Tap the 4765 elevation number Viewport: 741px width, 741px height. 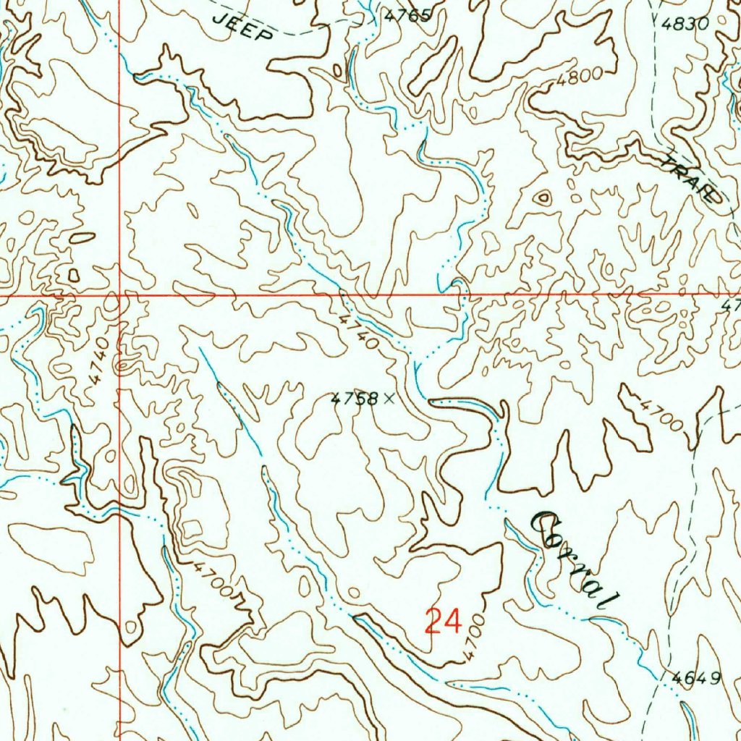[x=407, y=15]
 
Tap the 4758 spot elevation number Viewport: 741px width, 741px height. [x=355, y=398]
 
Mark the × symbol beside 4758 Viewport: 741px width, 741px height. [x=390, y=397]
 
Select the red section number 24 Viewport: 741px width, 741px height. [x=443, y=621]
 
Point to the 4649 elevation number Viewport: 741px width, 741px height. [x=696, y=678]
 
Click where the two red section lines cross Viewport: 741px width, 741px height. [x=119, y=296]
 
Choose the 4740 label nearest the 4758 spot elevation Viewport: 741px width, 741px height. [x=360, y=331]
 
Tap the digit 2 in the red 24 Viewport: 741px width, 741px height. [x=433, y=621]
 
